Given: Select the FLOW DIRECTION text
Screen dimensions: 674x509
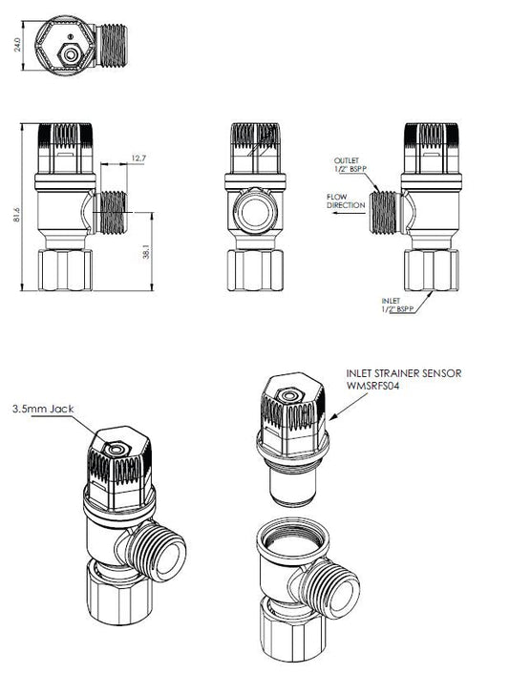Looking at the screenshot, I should (x=343, y=200).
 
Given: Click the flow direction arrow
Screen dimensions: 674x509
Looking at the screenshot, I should (x=343, y=216).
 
